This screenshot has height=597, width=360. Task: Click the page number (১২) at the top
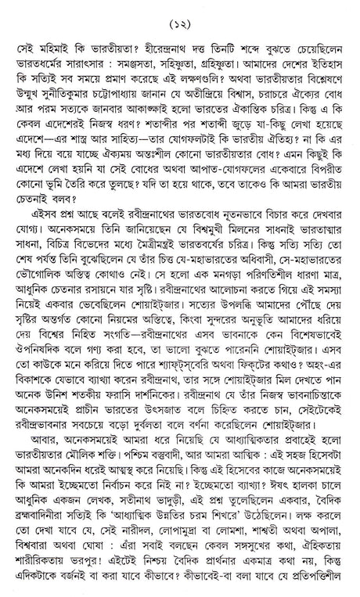[180, 13]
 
